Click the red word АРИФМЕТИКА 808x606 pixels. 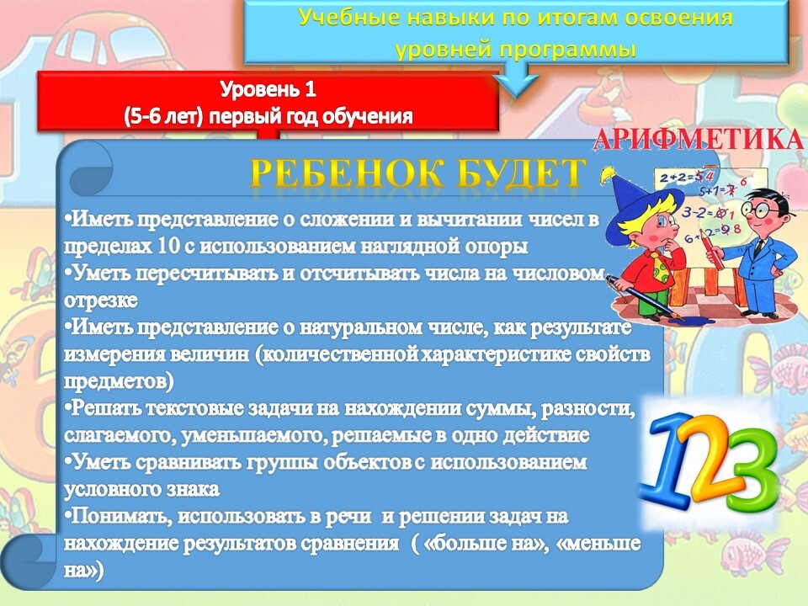(x=699, y=138)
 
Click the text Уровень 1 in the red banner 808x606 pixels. (x=268, y=90)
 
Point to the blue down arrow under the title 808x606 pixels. (x=516, y=79)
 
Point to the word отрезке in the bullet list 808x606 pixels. (x=100, y=300)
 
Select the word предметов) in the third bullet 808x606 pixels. (x=119, y=382)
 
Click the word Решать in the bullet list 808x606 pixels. (x=105, y=408)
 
